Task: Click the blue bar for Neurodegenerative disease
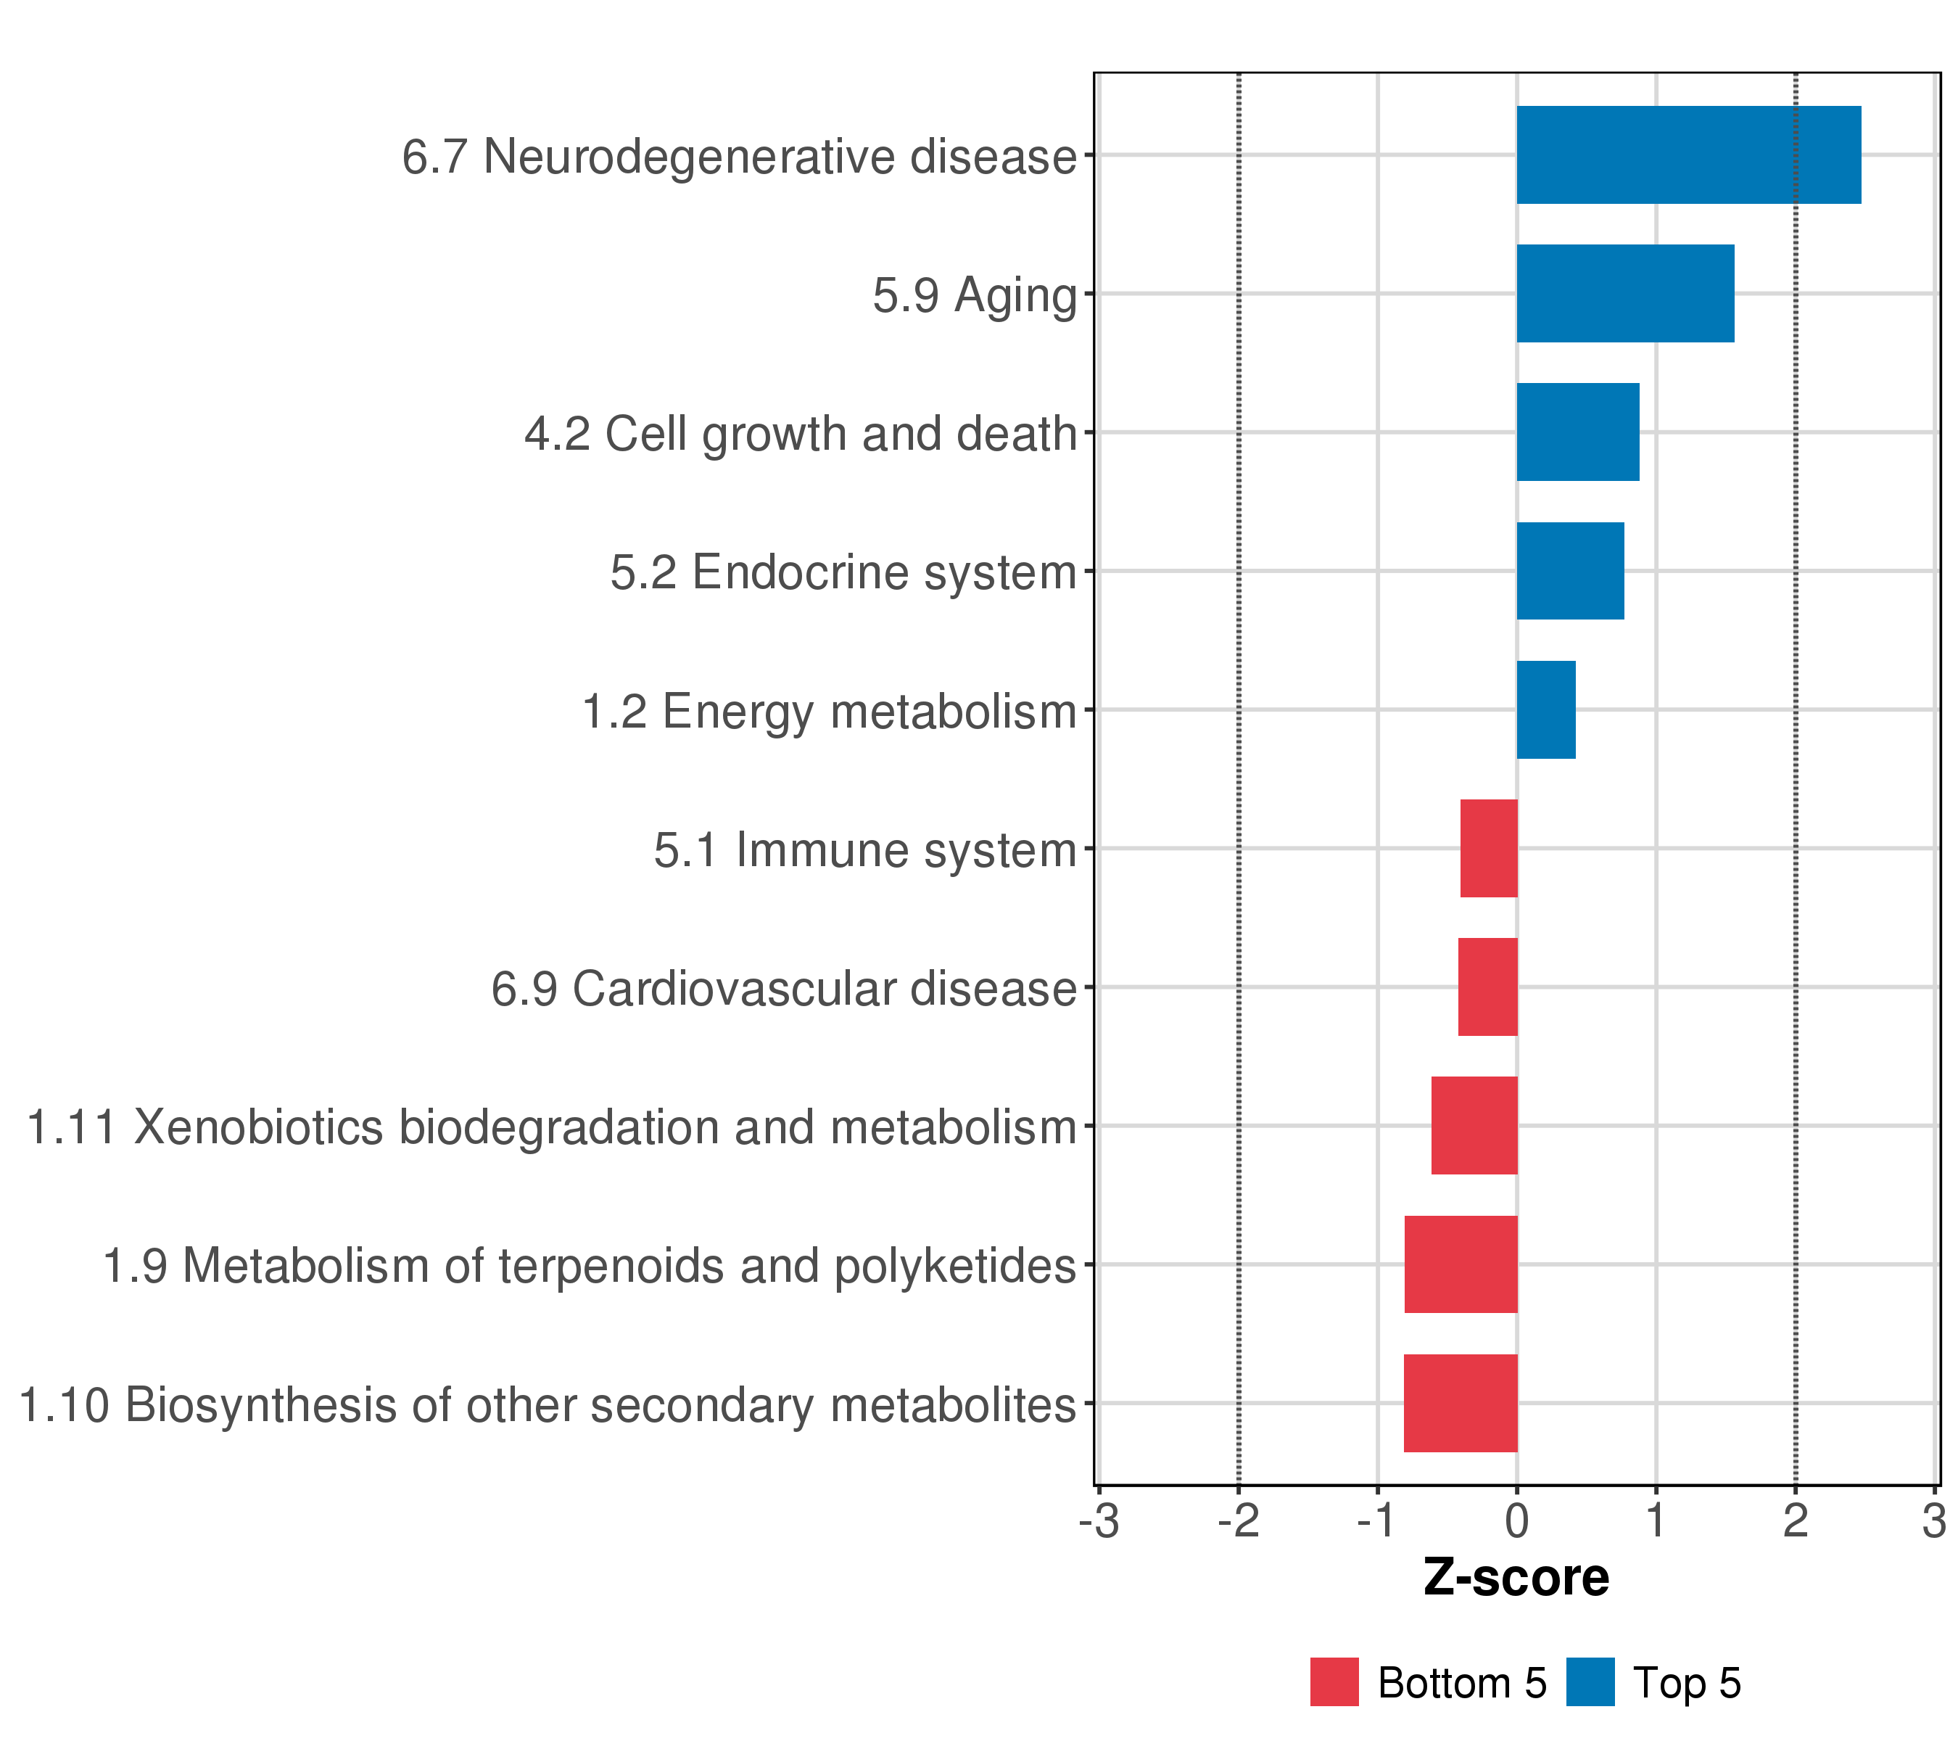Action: coord(1688,155)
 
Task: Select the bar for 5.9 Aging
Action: coord(1624,293)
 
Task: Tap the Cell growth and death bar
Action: coord(1578,432)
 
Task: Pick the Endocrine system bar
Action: coord(1570,571)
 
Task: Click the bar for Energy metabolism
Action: coord(1546,710)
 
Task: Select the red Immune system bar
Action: coord(1489,848)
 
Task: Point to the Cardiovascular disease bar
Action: coord(1487,987)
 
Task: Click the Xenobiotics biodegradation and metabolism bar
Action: coord(1474,1126)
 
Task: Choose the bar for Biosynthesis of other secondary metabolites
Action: coord(1461,1403)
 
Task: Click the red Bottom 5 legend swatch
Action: coord(1334,1682)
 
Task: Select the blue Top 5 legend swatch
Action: coord(1590,1682)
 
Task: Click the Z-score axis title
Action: coord(1516,1578)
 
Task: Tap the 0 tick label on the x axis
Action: coord(1516,1522)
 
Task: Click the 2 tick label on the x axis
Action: coord(1795,1522)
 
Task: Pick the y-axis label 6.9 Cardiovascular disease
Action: coord(784,989)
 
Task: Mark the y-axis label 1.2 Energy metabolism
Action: coord(829,712)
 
